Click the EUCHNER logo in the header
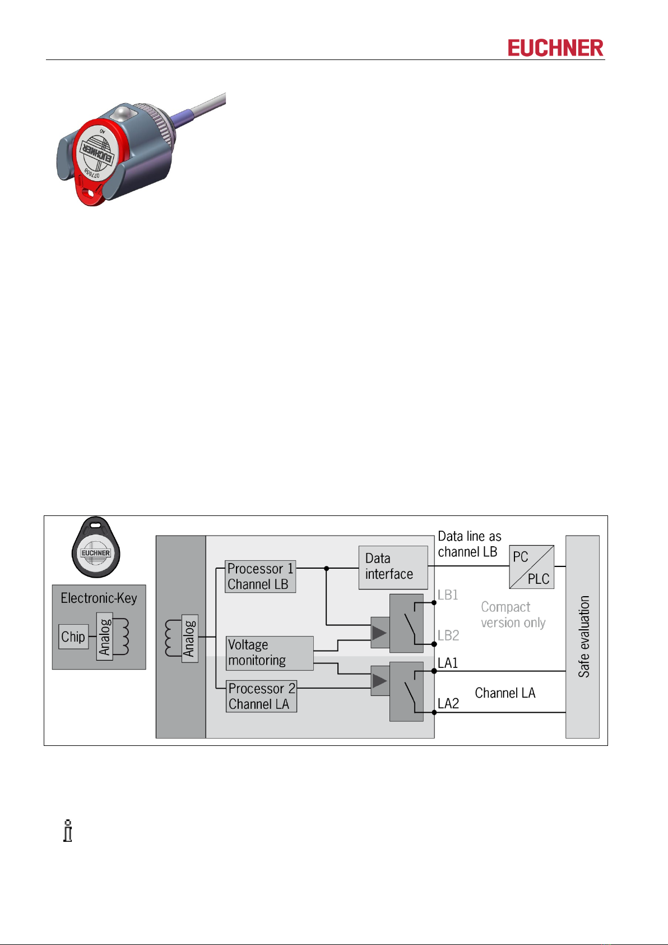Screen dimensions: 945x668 555,48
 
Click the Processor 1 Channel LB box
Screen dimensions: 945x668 260,577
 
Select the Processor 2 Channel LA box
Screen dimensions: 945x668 261,697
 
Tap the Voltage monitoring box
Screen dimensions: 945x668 270,653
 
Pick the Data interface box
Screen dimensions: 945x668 393,567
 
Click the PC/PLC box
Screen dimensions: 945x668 531,567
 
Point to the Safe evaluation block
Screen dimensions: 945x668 582,637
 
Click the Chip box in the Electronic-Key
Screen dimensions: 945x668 73,637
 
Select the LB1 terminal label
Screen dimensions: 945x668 448,595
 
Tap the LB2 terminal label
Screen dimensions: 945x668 448,635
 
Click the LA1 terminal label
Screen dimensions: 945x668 448,663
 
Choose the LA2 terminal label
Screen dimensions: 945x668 448,704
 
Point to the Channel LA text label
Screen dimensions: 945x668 505,693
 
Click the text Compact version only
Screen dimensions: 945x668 513,615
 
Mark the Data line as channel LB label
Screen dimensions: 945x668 469,544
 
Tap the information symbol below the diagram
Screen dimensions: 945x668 68,831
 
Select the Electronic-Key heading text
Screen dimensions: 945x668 99,598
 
